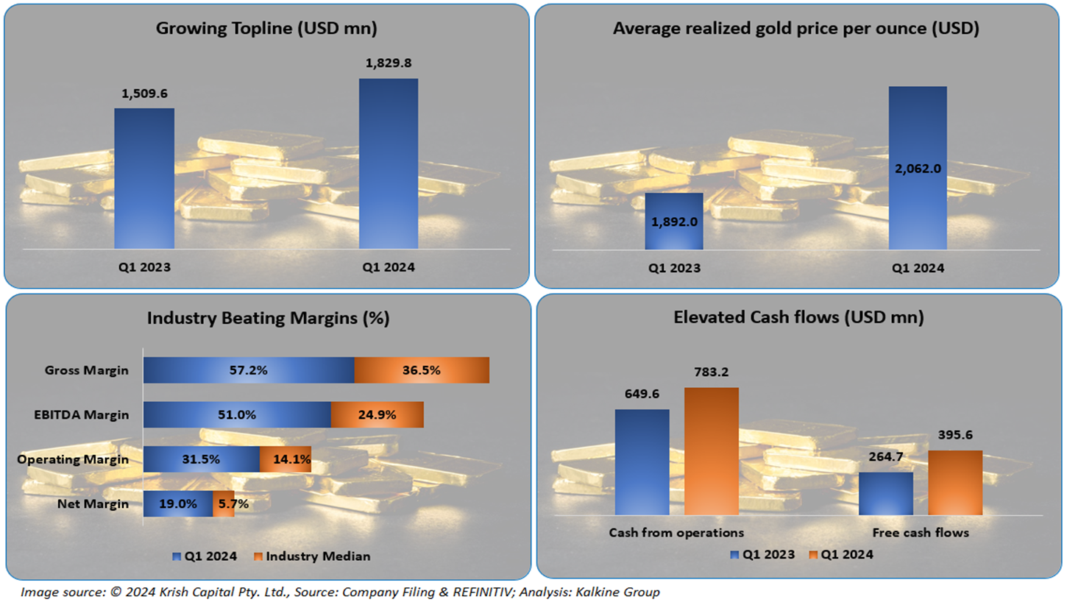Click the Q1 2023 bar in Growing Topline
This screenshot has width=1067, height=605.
(x=144, y=178)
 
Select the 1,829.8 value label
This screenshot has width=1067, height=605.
(x=389, y=64)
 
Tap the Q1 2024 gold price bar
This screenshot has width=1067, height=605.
(x=918, y=168)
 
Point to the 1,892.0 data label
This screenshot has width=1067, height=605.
(x=673, y=220)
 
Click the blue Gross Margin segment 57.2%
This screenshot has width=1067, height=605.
(x=249, y=370)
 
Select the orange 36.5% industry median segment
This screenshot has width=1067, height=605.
(x=422, y=370)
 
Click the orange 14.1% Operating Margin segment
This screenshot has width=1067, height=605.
(x=286, y=460)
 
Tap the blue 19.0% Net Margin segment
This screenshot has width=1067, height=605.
(x=178, y=505)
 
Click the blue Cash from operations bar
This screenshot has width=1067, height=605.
(x=642, y=461)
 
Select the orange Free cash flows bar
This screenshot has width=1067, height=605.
(x=955, y=482)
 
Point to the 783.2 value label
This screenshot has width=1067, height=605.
(x=712, y=373)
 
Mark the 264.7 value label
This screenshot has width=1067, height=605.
(x=886, y=459)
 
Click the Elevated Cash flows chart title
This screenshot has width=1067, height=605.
(x=799, y=318)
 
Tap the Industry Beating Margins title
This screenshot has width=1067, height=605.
(x=268, y=318)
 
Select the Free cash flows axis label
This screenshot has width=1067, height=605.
(x=920, y=531)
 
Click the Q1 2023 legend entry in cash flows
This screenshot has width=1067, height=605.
(x=762, y=554)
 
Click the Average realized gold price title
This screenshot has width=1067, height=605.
(x=799, y=29)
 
